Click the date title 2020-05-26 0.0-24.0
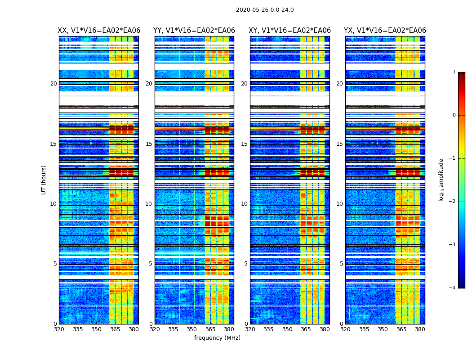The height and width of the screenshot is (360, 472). (265, 10)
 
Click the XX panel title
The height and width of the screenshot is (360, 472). (99, 31)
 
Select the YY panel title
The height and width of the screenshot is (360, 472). (194, 31)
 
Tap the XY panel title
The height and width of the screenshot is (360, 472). (290, 31)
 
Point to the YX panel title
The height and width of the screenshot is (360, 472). (385, 31)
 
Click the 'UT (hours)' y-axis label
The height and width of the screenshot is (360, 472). (44, 180)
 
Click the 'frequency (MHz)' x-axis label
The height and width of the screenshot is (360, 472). (217, 338)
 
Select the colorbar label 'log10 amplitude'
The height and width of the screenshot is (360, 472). (441, 180)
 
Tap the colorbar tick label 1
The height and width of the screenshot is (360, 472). (454, 72)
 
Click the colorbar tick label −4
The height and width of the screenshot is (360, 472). (453, 288)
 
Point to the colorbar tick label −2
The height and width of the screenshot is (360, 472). (453, 202)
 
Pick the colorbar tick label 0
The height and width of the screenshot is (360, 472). (454, 115)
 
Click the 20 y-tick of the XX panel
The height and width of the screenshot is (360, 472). (53, 84)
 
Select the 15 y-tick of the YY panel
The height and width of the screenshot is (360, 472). (149, 144)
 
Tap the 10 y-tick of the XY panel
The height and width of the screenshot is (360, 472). (244, 204)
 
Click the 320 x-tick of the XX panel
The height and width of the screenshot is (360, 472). (59, 329)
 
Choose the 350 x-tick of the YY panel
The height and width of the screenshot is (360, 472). (192, 329)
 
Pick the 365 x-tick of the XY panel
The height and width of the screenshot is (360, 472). (306, 329)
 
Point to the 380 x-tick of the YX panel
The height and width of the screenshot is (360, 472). (420, 329)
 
